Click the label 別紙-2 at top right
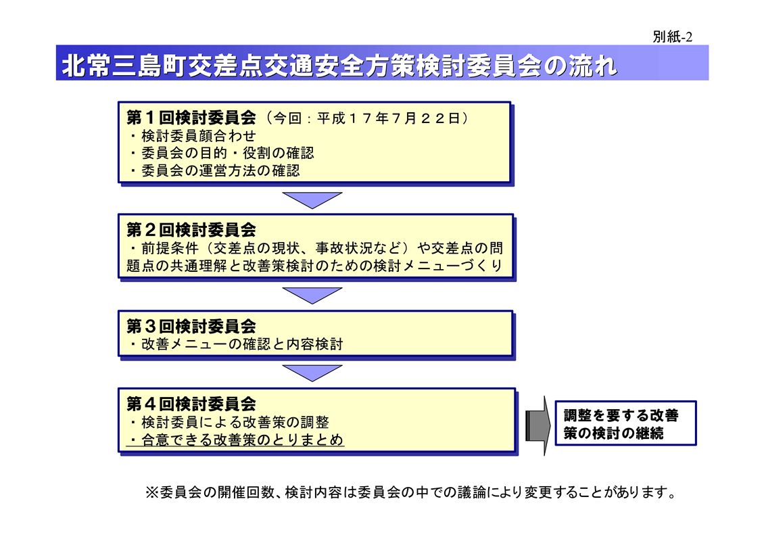673,37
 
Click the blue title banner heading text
339,66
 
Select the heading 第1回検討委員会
191,118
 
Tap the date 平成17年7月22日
388,118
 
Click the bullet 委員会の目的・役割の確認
222,153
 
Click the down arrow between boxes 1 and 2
312,199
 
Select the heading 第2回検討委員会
191,229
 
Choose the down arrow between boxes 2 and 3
312,296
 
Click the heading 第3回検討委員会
191,326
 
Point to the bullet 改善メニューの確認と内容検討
237,344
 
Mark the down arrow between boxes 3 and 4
312,373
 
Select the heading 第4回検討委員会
191,404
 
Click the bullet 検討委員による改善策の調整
229,422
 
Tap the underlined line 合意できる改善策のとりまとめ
236,440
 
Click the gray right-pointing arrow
538,426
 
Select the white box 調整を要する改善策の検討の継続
625,423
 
